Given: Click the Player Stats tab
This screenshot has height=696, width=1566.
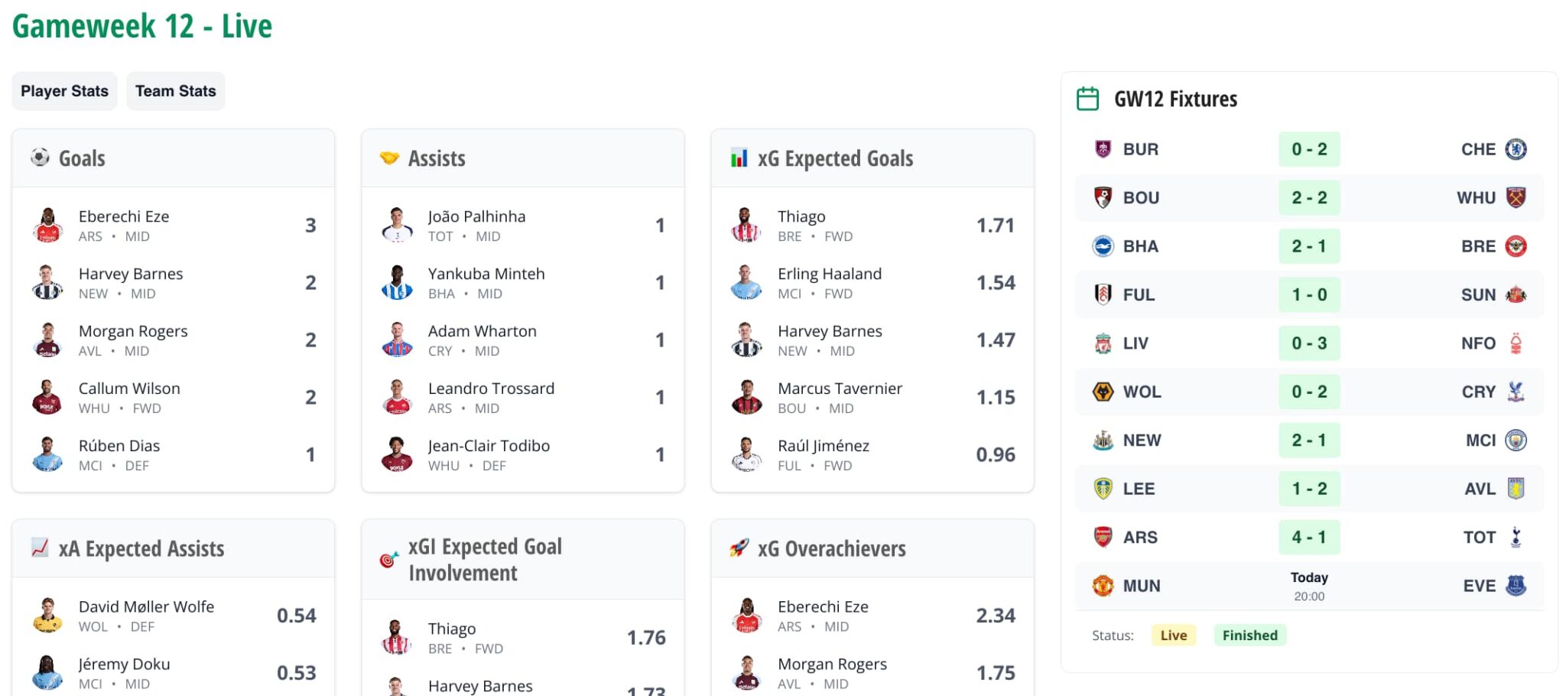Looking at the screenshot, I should click(x=64, y=91).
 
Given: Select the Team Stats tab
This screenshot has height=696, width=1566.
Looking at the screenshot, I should click(x=175, y=91).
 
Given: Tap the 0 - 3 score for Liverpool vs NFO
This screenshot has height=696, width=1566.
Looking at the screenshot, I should click(x=1308, y=343).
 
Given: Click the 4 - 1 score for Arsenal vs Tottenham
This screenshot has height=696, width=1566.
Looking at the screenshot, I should click(x=1308, y=538).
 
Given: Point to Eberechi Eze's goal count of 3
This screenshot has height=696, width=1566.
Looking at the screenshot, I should click(x=310, y=226).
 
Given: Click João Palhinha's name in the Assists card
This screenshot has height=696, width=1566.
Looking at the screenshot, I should click(x=476, y=216).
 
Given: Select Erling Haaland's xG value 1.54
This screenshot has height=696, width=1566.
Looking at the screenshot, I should click(x=996, y=283).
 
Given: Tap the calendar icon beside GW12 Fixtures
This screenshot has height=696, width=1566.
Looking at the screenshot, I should click(x=1087, y=99).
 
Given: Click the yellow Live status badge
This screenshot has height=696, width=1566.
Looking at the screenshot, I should click(x=1173, y=636).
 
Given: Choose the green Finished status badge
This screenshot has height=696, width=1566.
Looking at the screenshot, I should click(x=1249, y=636).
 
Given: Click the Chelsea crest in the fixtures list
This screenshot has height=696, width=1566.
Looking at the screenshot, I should click(x=1516, y=149).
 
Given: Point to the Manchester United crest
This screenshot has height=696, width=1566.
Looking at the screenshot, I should click(x=1103, y=586).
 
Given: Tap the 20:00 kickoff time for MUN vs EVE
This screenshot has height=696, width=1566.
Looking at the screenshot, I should click(x=1308, y=597).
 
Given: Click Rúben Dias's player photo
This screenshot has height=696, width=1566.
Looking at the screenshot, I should click(x=47, y=455).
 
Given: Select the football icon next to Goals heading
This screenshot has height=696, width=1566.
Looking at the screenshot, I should click(x=40, y=158).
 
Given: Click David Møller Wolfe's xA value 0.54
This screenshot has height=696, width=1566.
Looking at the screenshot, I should click(x=296, y=616).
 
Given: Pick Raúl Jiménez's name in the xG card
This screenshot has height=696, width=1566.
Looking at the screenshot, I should click(x=823, y=446).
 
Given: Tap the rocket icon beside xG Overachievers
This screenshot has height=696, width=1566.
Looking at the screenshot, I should click(x=739, y=548).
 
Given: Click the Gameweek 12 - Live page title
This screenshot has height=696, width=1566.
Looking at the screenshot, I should click(x=142, y=26).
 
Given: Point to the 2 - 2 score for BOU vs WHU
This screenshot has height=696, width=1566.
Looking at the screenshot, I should click(x=1308, y=198).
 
